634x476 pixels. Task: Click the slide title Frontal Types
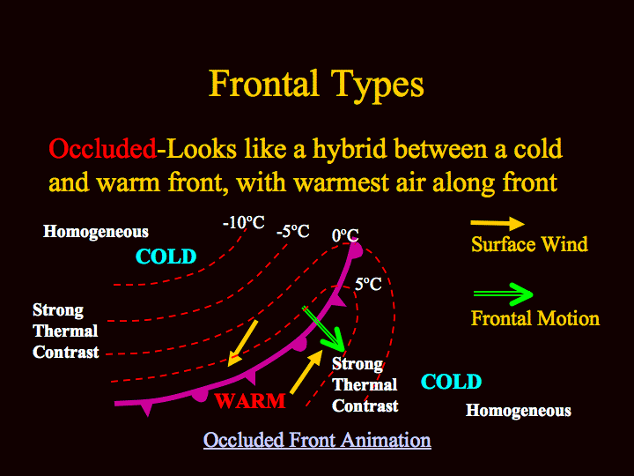coord(316,85)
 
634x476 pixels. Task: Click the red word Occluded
coord(102,149)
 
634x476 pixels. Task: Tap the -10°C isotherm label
coord(244,222)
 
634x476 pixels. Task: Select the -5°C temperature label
coord(293,232)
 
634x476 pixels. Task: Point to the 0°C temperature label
coord(345,235)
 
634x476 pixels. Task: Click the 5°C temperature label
coord(368,284)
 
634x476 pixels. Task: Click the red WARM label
coord(250,401)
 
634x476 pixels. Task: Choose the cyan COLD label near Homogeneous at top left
coord(166,257)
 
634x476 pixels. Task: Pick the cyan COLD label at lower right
coord(451,382)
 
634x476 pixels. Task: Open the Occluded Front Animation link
coord(317,440)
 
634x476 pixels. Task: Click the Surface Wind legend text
coord(529,244)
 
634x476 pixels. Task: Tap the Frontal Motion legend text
coord(535,318)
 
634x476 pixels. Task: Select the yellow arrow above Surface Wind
coord(498,223)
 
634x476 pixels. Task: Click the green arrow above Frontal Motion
coord(504,294)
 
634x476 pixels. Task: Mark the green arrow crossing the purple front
coord(323,329)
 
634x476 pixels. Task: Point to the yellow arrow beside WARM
coord(306,372)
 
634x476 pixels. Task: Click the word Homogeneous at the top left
coord(96,232)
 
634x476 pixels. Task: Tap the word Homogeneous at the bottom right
coord(519,411)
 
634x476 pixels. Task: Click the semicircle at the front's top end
coord(357,250)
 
